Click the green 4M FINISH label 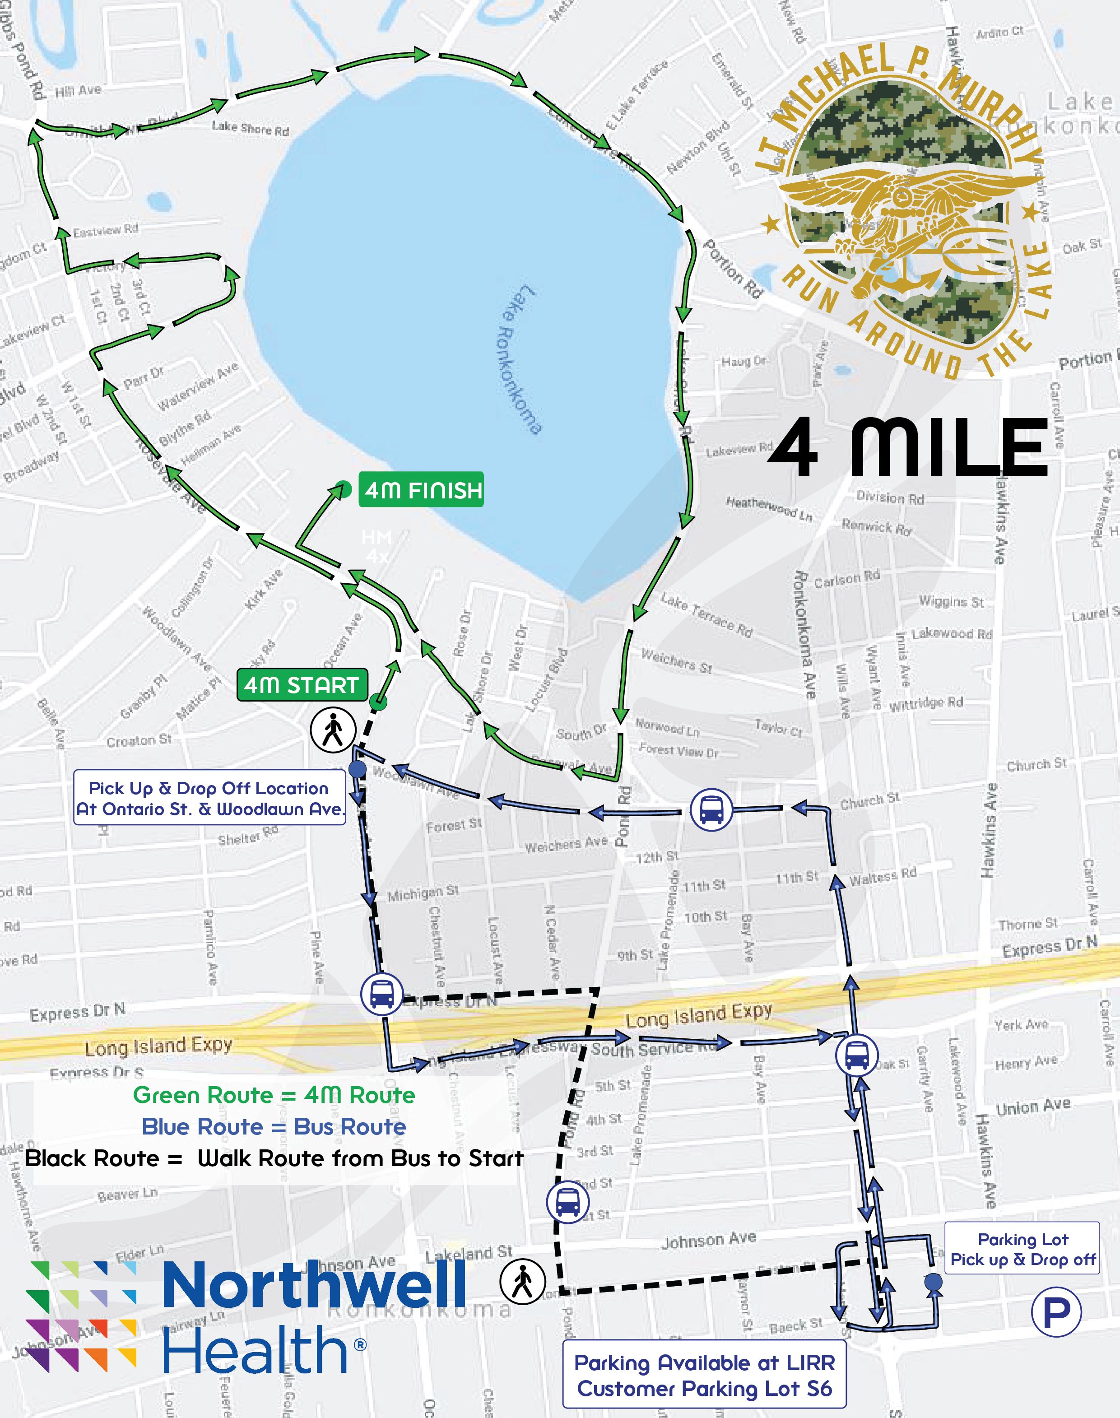click(x=421, y=490)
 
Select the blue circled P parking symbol click(x=1056, y=1312)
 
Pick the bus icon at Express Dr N click(x=381, y=994)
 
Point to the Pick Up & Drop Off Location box click(x=209, y=798)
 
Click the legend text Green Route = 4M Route click(x=274, y=1095)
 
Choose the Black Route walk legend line click(x=274, y=1158)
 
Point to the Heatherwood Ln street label click(x=768, y=508)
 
